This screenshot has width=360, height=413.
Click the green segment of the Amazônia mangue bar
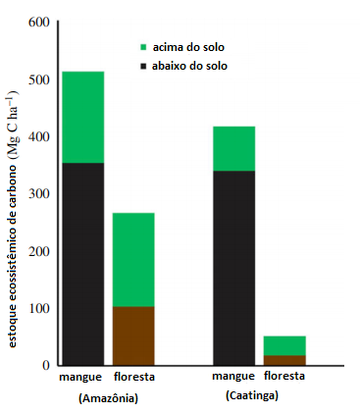coord(83,117)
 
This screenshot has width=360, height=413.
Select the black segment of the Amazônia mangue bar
coord(83,264)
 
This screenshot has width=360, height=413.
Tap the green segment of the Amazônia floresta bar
coord(133,260)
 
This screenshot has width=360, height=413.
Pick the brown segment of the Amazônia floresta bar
coord(133,336)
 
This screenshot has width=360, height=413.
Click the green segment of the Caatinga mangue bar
coord(233,148)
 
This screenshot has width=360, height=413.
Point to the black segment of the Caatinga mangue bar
coord(233,268)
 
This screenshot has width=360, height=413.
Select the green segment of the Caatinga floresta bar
coord(284,345)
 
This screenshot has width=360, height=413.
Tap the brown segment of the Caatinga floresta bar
coord(284,360)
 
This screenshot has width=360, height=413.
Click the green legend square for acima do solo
coord(143,47)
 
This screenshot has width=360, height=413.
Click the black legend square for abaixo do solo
coord(143,66)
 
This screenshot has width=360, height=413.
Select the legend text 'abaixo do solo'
coord(189,66)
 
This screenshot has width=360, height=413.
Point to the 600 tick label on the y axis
coord(39,23)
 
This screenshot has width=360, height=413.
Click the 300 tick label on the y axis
coord(39,193)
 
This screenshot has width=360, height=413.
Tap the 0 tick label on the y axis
coord(46,365)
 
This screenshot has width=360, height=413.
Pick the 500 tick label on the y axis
coord(39,79)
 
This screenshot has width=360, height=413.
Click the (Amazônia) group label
coord(108,398)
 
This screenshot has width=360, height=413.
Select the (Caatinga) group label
coord(252,395)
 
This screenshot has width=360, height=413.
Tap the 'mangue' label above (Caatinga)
coord(233,377)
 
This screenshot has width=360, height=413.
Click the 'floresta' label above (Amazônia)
coord(134,377)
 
